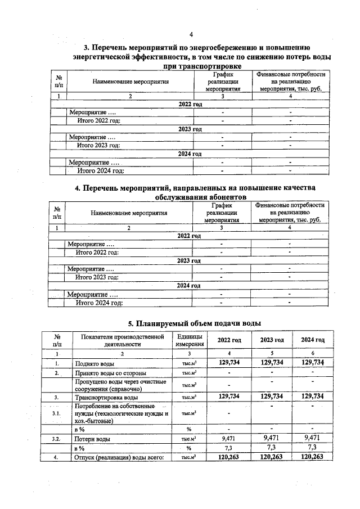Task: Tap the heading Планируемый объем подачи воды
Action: [195, 323]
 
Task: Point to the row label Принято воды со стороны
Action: [111, 373]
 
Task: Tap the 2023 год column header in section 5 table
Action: [272, 340]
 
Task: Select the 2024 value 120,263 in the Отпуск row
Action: [313, 457]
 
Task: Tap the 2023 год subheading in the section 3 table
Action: [190, 129]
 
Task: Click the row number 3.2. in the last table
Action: [57, 438]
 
